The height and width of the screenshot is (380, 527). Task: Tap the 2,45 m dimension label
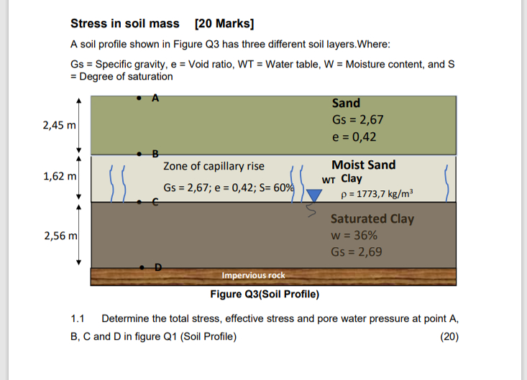[x=59, y=125]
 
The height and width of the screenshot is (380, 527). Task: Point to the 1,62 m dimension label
[x=59, y=176]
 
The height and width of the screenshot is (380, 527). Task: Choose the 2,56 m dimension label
[x=59, y=234]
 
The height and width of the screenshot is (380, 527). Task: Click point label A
[x=154, y=97]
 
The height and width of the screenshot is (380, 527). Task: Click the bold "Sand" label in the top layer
[x=346, y=103]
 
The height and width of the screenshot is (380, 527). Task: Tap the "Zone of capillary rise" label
[x=214, y=166]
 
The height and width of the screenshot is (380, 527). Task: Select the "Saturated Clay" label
[x=372, y=218]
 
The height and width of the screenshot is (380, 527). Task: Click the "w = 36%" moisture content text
[x=354, y=235]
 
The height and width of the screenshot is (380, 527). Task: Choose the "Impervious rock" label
[x=253, y=275]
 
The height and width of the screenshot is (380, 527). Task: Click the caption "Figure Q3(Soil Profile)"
[x=265, y=295]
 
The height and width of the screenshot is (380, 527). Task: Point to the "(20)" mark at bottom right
[x=449, y=338]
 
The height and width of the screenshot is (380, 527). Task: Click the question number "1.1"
[x=78, y=318]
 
